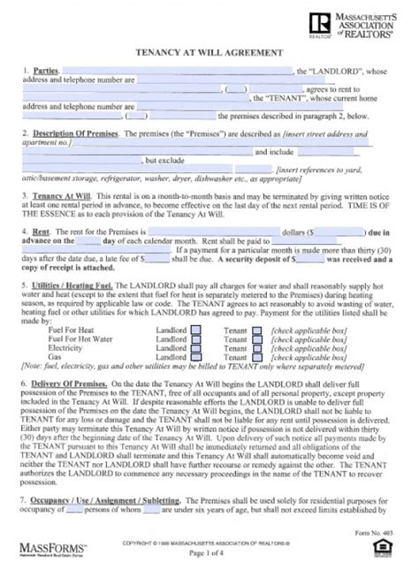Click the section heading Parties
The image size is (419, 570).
pos(46,69)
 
